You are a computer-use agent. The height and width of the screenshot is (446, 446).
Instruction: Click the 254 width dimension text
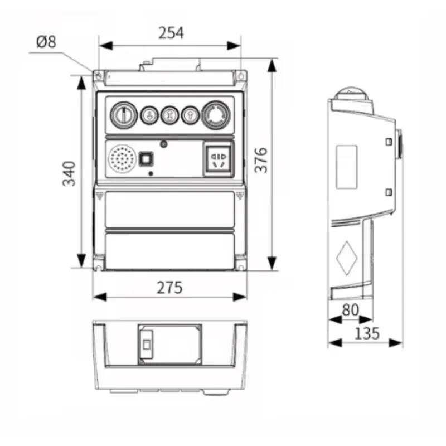171,33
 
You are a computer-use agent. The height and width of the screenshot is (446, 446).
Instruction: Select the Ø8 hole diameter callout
46,42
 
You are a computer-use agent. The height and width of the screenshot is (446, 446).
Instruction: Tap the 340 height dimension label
68,173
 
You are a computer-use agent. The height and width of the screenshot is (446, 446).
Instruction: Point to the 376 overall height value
261,160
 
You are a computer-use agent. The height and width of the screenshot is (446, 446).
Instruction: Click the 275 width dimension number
169,288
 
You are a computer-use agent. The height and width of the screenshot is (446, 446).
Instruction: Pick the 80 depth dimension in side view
350,310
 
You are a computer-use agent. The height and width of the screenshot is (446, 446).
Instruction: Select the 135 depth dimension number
366,333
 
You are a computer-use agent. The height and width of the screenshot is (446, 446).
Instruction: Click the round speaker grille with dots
122,159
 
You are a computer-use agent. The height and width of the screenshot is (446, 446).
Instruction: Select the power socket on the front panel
219,158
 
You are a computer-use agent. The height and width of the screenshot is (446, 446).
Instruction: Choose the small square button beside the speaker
146,159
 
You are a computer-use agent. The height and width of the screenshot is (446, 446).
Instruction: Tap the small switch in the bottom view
146,345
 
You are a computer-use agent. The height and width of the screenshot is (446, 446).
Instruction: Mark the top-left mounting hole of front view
99,75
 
